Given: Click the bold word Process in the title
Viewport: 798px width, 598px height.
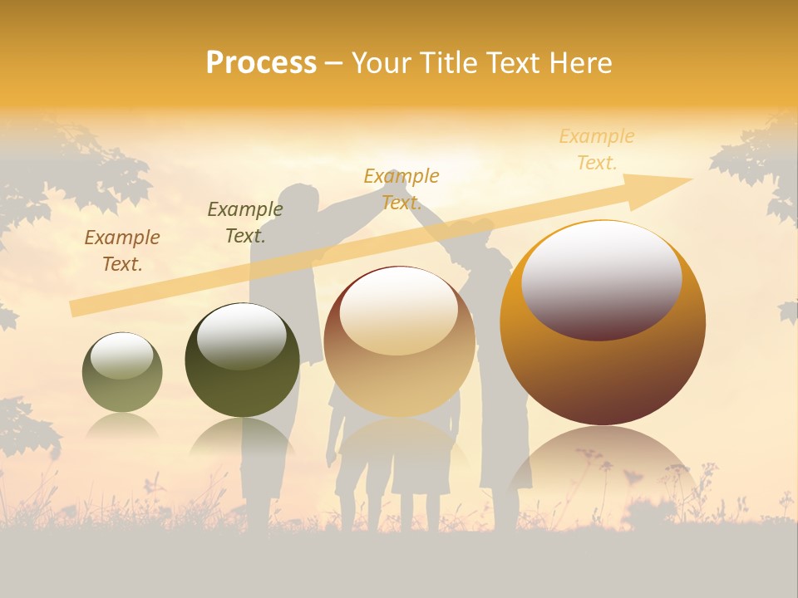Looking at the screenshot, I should tap(261, 62).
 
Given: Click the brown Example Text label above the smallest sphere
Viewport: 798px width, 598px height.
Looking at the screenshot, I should tap(122, 251).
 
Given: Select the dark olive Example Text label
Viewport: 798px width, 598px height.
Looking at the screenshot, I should tap(244, 223).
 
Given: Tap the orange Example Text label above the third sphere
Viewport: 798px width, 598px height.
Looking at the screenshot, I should tap(401, 189).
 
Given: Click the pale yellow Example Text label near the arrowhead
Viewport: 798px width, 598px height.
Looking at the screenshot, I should tap(597, 149).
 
